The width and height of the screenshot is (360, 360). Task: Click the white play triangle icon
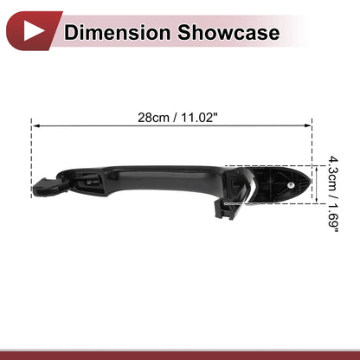[33, 31]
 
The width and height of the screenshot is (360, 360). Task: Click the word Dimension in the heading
[117, 32]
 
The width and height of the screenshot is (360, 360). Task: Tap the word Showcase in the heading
[228, 32]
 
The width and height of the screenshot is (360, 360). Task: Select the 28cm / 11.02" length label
[177, 118]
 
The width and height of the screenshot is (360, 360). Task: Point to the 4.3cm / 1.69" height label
[333, 194]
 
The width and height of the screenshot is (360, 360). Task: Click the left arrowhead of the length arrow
[35, 125]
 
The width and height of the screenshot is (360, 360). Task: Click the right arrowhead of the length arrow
[308, 125]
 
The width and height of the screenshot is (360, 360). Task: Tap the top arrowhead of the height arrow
[317, 170]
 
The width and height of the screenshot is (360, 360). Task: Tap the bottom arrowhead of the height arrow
[317, 200]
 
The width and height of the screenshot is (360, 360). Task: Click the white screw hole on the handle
[291, 185]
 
